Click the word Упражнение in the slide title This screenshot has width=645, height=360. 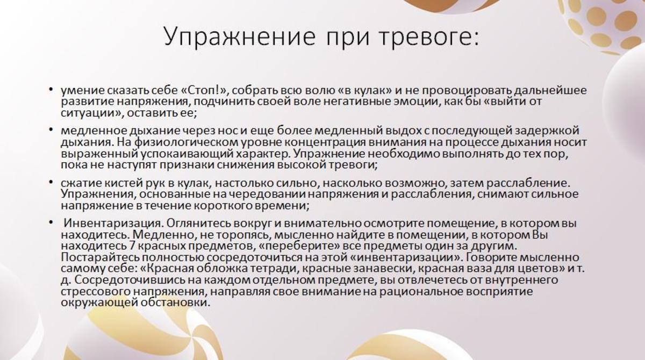(240, 38)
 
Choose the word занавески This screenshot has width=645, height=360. (383, 269)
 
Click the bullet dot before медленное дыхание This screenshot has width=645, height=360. (51, 129)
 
